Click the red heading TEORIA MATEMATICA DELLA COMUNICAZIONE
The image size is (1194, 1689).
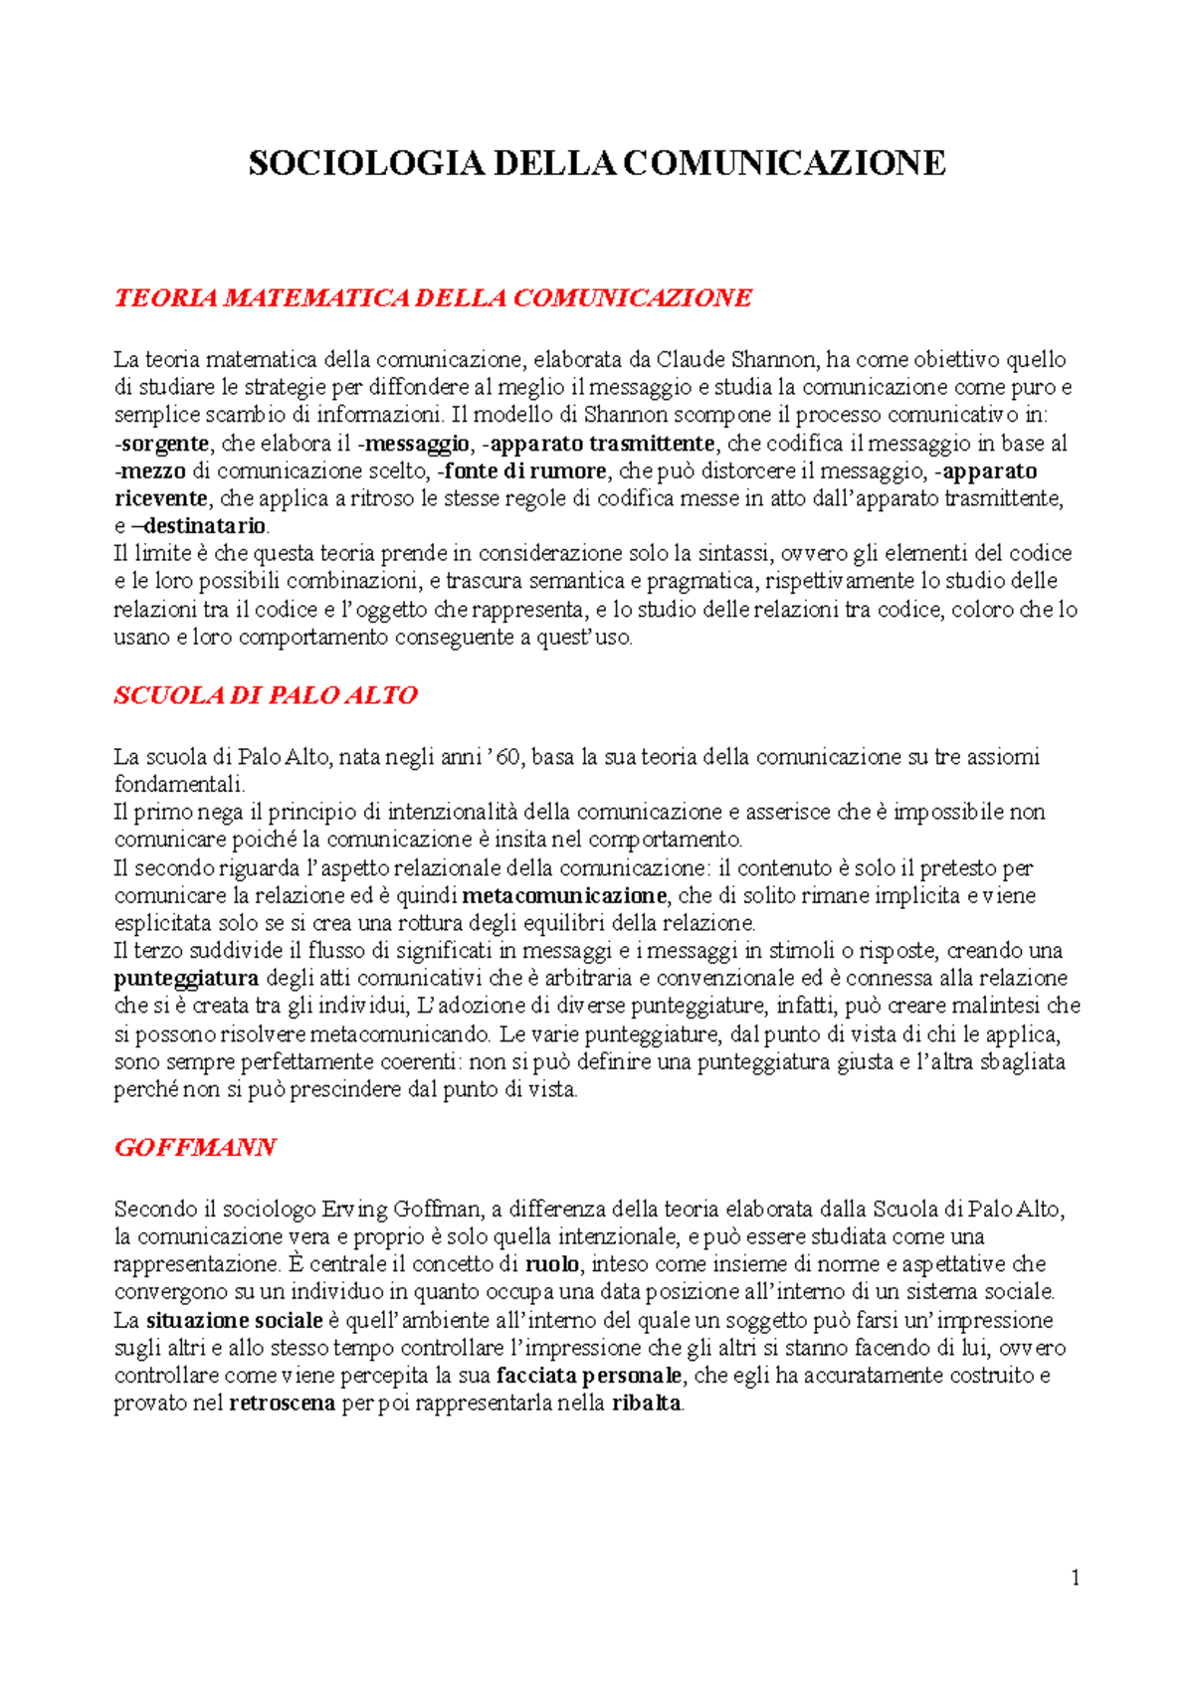coord(433,298)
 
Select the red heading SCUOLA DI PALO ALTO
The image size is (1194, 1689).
coord(266,695)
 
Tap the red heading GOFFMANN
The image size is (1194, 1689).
coord(195,1148)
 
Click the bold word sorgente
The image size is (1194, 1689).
coord(165,444)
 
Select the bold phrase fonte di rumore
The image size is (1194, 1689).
coord(526,471)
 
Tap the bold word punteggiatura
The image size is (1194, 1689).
coord(186,979)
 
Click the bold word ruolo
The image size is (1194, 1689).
coord(551,1265)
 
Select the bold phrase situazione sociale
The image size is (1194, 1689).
coord(234,1321)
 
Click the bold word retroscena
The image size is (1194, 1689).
coord(282,1405)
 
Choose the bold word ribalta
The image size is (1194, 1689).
coord(647,1405)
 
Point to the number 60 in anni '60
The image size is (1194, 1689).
coord(507,758)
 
